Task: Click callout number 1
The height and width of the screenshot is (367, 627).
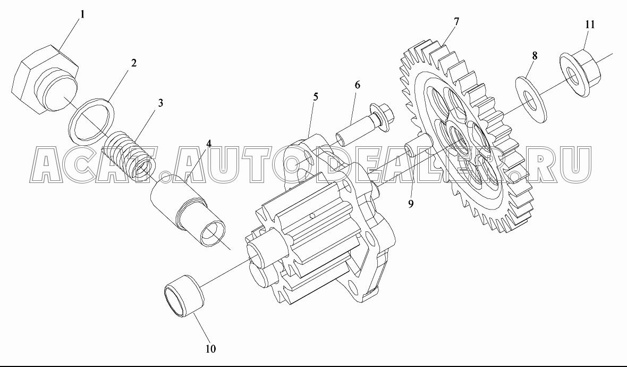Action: (82, 15)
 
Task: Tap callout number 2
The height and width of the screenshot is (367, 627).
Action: (133, 63)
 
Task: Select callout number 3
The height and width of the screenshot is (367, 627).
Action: (160, 103)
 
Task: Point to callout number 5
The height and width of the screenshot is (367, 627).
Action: (316, 96)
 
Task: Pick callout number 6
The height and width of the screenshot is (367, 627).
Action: (357, 85)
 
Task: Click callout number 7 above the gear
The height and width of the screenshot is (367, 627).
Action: (456, 22)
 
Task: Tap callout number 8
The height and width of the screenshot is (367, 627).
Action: (535, 56)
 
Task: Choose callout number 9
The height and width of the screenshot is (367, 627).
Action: (411, 204)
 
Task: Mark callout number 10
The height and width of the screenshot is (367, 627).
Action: (211, 348)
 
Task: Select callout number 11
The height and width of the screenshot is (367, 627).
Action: (590, 24)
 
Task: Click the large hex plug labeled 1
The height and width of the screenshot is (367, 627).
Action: (45, 79)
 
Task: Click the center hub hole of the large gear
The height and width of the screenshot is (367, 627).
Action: (459, 140)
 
